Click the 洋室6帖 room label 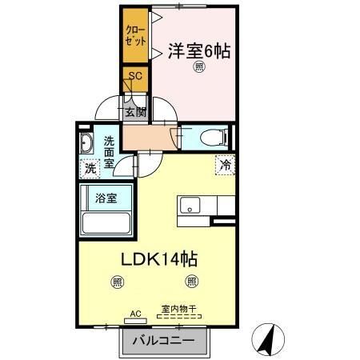coord(198,50)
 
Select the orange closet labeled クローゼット coord(135,36)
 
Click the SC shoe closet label coord(135,75)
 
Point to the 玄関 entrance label coord(135,112)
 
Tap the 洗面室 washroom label coord(110,152)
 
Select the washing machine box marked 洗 coord(90,169)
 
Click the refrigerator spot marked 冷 coord(225,166)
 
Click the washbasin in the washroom coord(87,145)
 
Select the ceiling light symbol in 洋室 coord(198,69)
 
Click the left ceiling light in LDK coord(118,281)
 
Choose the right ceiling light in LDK coord(190,281)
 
